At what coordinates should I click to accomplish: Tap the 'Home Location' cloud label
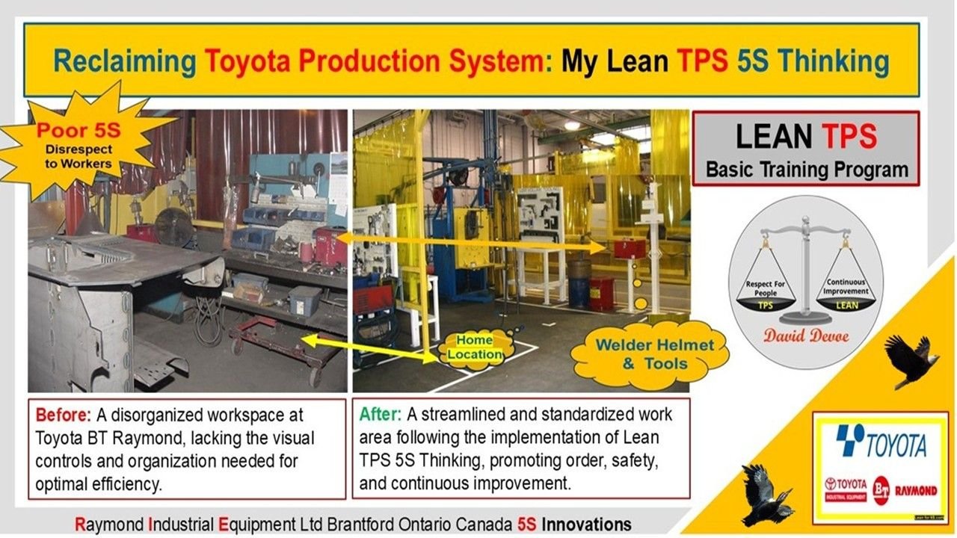pos(475,347)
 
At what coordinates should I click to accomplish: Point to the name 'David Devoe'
pos(806,336)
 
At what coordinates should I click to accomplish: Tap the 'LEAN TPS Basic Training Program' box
pos(806,149)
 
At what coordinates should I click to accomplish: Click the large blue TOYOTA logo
pos(881,443)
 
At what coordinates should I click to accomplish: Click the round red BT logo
pos(881,490)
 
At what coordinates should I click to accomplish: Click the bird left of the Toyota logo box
pos(766,493)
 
